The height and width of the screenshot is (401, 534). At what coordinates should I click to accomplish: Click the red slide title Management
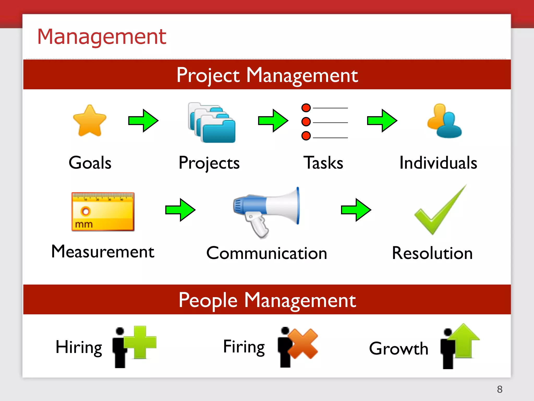click(x=102, y=37)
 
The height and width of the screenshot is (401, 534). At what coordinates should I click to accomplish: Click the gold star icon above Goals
click(x=90, y=121)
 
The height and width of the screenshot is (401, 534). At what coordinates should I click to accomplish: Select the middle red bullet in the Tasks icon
click(x=306, y=122)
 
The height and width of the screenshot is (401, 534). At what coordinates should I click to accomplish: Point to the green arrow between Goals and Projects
click(x=143, y=121)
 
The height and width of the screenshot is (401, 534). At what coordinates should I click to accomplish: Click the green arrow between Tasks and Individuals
click(x=382, y=121)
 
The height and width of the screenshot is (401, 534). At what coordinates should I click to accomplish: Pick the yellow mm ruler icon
click(x=103, y=212)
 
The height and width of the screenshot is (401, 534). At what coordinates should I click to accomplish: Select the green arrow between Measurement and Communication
click(x=180, y=210)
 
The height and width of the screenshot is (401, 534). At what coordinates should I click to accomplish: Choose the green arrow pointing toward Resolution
click(x=356, y=210)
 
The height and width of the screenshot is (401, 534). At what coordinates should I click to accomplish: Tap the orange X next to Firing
click(x=303, y=344)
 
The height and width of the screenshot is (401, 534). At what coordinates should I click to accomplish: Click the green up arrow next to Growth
click(x=464, y=339)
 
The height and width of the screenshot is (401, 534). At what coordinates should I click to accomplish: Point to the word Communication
click(x=266, y=253)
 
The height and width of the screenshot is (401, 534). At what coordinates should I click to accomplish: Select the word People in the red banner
click(x=208, y=300)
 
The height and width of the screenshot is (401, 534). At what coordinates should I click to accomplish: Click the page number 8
click(x=500, y=389)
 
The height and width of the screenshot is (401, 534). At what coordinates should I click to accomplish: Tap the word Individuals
click(x=438, y=163)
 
